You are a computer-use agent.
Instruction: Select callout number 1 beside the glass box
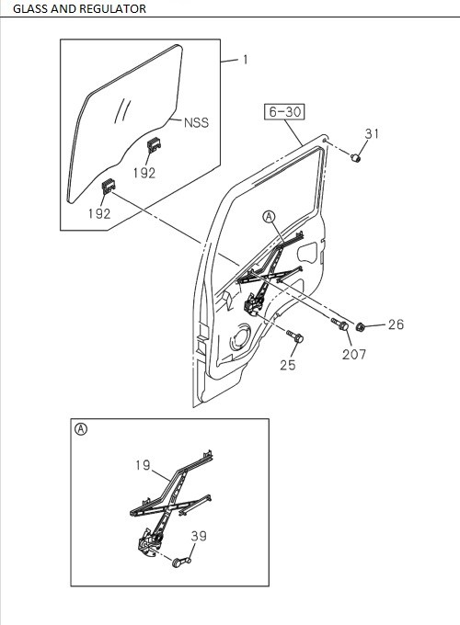click(x=245, y=60)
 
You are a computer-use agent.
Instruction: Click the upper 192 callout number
click(x=144, y=172)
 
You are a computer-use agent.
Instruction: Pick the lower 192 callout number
click(x=99, y=212)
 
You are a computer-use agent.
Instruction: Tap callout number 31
click(x=371, y=134)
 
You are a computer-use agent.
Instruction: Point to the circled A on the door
click(x=269, y=217)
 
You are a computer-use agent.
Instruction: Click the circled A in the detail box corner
click(x=81, y=429)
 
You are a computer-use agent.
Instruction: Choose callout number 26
click(x=395, y=324)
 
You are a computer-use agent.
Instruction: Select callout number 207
click(x=354, y=354)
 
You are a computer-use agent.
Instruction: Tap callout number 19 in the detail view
click(x=143, y=466)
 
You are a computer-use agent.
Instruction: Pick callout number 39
click(x=198, y=536)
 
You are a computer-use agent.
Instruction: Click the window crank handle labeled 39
click(x=181, y=560)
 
